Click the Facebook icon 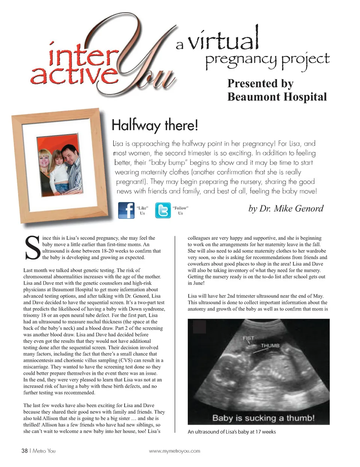tap(126, 210)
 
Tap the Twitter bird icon tap(163, 210)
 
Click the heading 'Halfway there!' tap(154, 125)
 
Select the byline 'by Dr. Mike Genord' tap(286, 208)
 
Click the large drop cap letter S tap(32, 248)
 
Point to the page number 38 tap(25, 451)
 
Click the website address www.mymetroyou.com tap(174, 451)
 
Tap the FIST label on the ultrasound tap(248, 338)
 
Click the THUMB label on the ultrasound tap(270, 346)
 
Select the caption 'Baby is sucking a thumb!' tap(263, 418)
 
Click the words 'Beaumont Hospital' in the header tap(277, 97)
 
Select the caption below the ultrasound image tap(232, 432)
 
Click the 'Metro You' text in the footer tap(44, 451)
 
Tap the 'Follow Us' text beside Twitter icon tap(180, 210)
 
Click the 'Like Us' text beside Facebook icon tap(142, 210)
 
